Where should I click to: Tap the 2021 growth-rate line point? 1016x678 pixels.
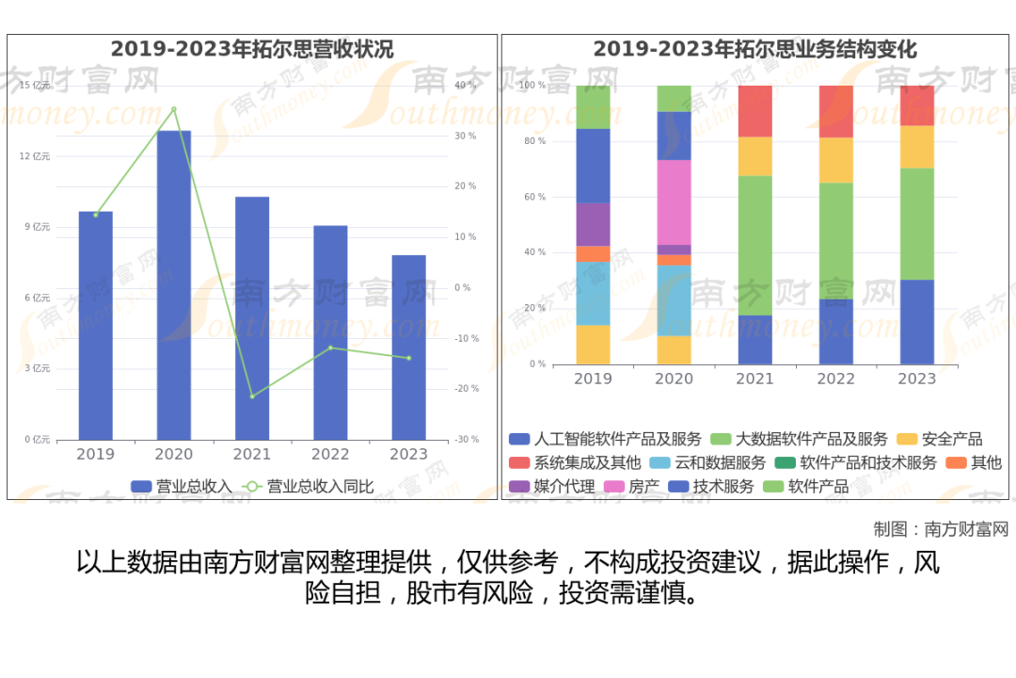click(x=252, y=396)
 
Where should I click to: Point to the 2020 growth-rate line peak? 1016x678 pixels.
click(x=174, y=109)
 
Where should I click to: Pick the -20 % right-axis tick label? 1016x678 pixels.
click(x=466, y=389)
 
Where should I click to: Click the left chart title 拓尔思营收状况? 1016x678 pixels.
click(x=252, y=49)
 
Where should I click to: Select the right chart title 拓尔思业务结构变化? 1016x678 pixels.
click(x=754, y=49)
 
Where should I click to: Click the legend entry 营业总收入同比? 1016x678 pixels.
click(x=310, y=487)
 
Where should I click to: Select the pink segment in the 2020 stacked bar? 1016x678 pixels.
click(x=674, y=202)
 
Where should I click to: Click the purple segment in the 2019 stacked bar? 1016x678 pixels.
click(x=593, y=224)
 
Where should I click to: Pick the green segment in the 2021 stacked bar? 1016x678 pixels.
click(x=754, y=245)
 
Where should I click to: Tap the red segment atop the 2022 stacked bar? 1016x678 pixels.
click(x=835, y=111)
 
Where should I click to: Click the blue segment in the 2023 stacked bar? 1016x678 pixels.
click(x=916, y=322)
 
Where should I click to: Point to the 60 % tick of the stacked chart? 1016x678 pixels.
click(x=533, y=198)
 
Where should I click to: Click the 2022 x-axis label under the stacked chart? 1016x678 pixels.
click(x=835, y=379)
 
